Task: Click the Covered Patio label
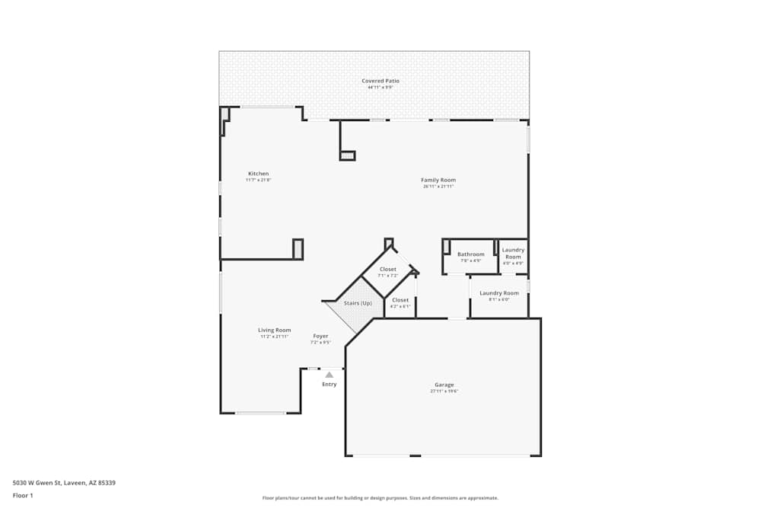380,81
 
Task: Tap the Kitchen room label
258,174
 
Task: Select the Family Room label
438,180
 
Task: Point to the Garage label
444,385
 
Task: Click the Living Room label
274,330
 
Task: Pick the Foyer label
320,336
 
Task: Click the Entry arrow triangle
329,375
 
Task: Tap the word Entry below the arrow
329,384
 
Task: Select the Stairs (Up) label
358,303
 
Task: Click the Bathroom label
470,254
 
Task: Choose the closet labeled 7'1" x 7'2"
388,269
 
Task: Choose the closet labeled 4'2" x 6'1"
400,300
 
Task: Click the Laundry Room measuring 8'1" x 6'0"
499,293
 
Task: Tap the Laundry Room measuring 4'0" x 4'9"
513,253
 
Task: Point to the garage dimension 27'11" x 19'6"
444,391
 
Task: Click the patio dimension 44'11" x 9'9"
380,88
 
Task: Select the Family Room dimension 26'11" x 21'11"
438,187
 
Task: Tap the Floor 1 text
23,495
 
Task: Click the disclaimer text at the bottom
380,498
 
